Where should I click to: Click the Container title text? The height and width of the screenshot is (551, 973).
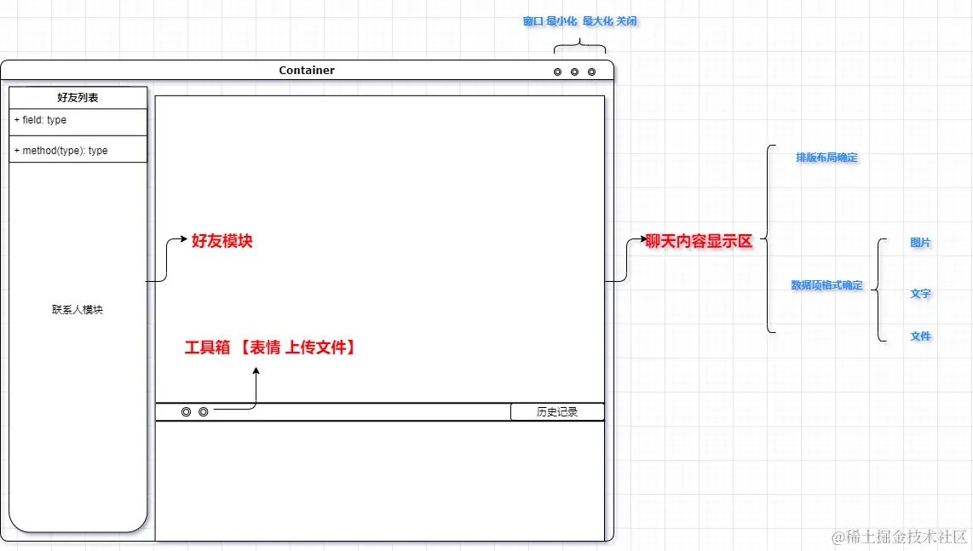click(x=307, y=71)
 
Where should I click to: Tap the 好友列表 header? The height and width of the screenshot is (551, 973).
click(x=78, y=98)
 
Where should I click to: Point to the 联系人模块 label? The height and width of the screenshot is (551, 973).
click(x=78, y=310)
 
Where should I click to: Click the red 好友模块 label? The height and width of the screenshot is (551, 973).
click(x=222, y=241)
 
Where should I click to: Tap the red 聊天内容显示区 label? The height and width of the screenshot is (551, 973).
click(x=700, y=241)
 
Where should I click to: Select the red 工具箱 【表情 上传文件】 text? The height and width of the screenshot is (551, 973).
click(x=270, y=347)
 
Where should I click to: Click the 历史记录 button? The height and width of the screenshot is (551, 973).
click(x=557, y=412)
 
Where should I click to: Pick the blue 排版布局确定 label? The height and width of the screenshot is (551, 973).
click(x=826, y=158)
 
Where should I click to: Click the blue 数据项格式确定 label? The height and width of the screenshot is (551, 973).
click(x=826, y=285)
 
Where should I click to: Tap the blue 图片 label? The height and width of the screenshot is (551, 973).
click(x=920, y=243)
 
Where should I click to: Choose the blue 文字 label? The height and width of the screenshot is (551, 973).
click(x=920, y=294)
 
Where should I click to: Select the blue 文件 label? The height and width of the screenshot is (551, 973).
click(x=920, y=336)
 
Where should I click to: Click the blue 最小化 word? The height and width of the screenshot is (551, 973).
click(x=561, y=21)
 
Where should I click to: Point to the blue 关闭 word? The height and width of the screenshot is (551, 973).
click(x=626, y=21)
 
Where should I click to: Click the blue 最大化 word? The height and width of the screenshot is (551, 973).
click(x=597, y=21)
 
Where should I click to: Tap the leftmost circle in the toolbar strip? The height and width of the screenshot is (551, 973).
click(x=186, y=412)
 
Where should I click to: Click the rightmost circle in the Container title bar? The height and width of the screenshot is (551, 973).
click(x=591, y=72)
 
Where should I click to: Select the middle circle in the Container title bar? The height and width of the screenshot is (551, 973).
click(x=574, y=72)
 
